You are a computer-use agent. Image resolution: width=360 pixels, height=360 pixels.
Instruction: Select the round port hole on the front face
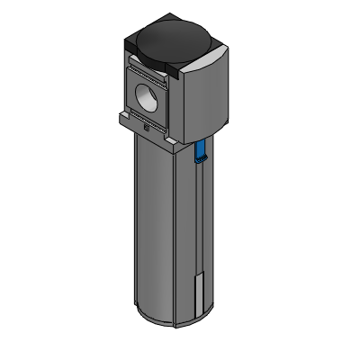click(x=148, y=94)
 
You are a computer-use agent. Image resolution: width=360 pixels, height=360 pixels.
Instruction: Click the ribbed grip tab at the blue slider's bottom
click(x=201, y=161)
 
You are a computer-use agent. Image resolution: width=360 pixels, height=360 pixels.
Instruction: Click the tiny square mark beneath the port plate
click(x=146, y=127)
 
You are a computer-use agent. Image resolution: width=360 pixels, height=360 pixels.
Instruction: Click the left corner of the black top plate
click(x=127, y=40)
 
